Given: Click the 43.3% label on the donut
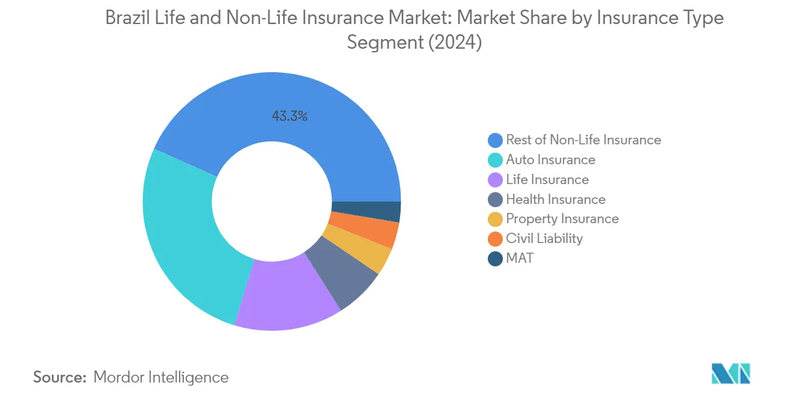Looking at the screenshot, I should click(x=290, y=117).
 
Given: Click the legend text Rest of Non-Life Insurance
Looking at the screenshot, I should click(x=583, y=140).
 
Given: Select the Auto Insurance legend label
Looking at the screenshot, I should click(x=550, y=160).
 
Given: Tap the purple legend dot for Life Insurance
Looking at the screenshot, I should click(x=495, y=180).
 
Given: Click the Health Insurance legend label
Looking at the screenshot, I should click(x=555, y=200).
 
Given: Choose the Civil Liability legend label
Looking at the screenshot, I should click(x=544, y=239).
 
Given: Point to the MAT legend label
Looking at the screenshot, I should click(x=519, y=259).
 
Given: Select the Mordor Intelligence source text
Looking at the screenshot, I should click(x=161, y=378).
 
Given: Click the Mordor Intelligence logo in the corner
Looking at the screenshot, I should click(x=730, y=374).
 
